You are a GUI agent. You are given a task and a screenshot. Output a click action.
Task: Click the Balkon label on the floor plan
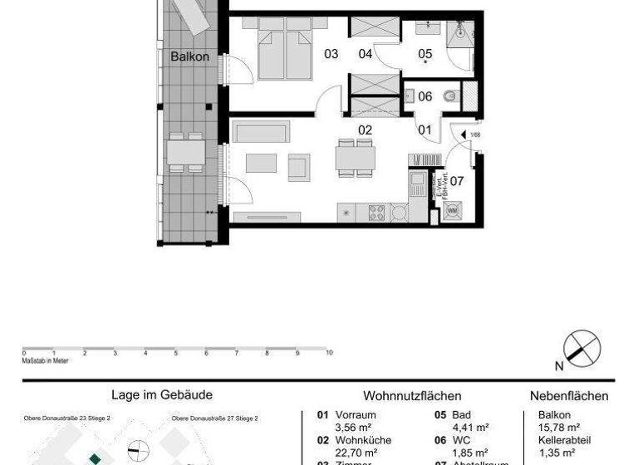tap(189, 57)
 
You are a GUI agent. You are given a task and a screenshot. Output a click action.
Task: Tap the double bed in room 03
tap(281, 51)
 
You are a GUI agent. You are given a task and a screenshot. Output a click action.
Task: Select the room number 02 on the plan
tap(365, 130)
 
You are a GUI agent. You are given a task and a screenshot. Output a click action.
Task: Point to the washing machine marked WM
tap(453, 211)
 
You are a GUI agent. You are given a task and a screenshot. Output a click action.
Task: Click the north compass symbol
tap(582, 348)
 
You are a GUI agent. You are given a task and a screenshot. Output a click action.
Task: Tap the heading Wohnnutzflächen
tap(412, 396)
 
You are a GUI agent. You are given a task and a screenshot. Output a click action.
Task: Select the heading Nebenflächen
tap(569, 396)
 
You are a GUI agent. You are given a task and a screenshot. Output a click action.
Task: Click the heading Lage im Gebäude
tap(162, 395)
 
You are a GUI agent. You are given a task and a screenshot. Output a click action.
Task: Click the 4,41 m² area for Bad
tap(469, 428)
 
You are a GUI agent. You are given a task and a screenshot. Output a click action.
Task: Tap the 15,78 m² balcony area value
tap(558, 428)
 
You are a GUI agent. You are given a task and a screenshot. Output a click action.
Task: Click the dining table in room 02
tap(355, 157)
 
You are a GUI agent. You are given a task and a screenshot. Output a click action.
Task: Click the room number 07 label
tap(456, 180)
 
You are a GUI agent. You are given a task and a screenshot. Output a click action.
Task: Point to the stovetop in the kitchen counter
tap(376, 212)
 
